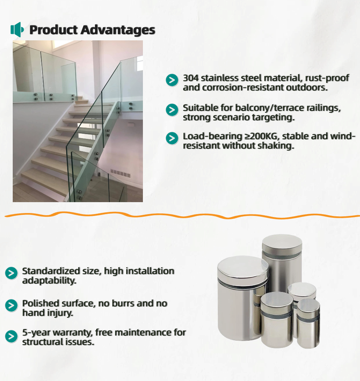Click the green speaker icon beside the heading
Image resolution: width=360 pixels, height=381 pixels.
click(17, 30)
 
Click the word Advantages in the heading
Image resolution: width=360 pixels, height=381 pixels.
click(118, 30)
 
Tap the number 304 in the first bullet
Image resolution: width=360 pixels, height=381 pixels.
click(191, 78)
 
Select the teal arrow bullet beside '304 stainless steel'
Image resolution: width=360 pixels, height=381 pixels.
click(172, 80)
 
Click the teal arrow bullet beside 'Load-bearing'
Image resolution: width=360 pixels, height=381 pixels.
click(172, 138)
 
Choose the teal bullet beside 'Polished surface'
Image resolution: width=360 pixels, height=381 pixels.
click(11, 305)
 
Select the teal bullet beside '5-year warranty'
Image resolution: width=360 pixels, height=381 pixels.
click(11, 336)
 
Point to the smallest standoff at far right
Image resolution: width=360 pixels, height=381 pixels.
click(308, 324)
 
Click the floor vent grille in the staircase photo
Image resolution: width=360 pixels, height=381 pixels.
click(120, 173)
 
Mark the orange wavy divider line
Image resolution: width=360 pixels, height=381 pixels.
click(182, 215)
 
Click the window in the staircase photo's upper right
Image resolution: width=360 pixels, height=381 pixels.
click(140, 63)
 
